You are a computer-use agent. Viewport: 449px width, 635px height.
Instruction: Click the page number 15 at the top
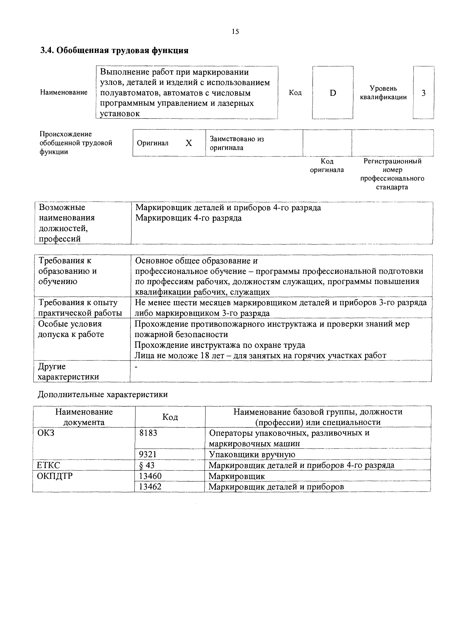pyautogui.click(x=235, y=31)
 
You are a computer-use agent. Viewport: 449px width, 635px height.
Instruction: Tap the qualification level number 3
pyautogui.click(x=423, y=93)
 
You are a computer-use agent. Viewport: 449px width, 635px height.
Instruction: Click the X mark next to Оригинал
pyautogui.click(x=189, y=143)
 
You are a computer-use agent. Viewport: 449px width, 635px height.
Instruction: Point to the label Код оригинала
pyautogui.click(x=327, y=165)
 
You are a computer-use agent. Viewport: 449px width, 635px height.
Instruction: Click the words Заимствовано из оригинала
pyautogui.click(x=237, y=143)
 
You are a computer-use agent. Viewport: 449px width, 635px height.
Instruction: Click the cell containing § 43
pyautogui.click(x=147, y=465)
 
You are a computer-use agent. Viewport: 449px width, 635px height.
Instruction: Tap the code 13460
pyautogui.click(x=150, y=476)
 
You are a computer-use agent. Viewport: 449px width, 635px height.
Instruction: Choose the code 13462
pyautogui.click(x=150, y=487)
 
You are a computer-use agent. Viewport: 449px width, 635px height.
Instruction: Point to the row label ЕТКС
pyautogui.click(x=48, y=465)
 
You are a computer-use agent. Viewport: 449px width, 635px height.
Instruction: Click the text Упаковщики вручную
pyautogui.click(x=252, y=454)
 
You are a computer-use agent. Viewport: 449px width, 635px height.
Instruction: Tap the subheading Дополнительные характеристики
pyautogui.click(x=103, y=394)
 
